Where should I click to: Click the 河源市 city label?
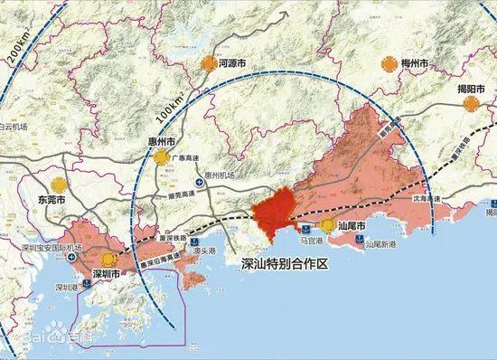[x=238, y=64]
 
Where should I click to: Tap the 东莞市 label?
[x=50, y=193]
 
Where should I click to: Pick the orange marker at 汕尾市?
[x=326, y=225]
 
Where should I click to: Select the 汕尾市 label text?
[x=352, y=224]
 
